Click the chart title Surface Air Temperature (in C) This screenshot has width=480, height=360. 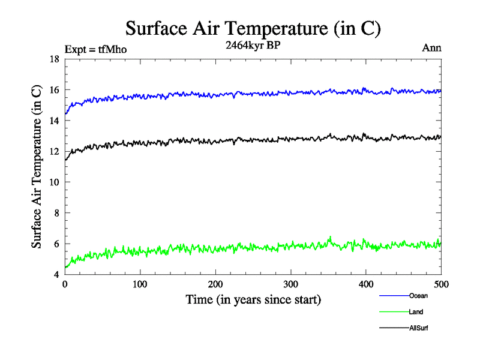click(253, 29)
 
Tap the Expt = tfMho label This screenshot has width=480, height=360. click(95, 49)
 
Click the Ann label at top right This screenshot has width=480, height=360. click(432, 48)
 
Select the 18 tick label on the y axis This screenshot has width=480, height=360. click(53, 59)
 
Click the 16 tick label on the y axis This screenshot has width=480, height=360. click(53, 90)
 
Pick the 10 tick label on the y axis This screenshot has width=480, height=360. click(53, 182)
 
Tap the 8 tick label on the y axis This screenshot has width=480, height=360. click(56, 213)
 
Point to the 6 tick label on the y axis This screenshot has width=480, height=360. click(56, 244)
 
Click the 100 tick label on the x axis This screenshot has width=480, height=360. click(140, 284)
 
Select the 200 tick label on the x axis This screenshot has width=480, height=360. click(215, 284)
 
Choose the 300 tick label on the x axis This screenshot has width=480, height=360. click(291, 284)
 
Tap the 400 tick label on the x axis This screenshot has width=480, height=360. click(366, 284)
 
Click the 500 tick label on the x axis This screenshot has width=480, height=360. click(441, 284)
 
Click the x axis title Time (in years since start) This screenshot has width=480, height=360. click(253, 299)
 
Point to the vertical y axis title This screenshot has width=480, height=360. click(37, 167)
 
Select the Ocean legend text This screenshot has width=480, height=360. click(418, 295)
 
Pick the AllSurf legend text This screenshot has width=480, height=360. click(419, 328)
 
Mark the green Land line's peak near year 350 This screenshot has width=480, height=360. click(330, 237)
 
